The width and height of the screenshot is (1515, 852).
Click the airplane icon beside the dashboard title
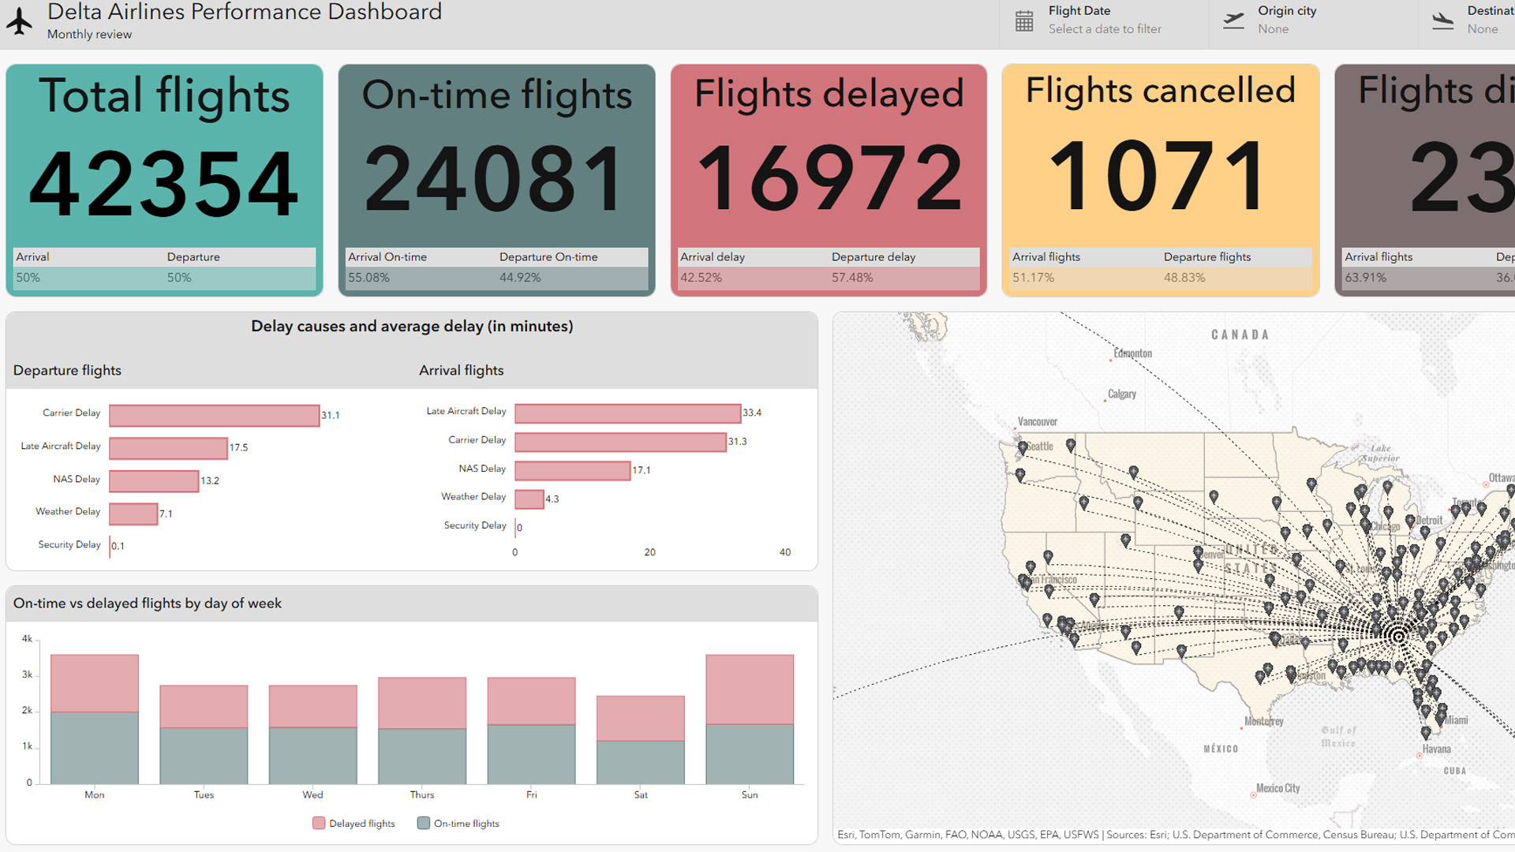20,21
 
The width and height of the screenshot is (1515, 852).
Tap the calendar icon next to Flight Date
1023,21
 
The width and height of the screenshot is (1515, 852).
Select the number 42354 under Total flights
164,184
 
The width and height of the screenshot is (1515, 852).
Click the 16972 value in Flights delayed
829,179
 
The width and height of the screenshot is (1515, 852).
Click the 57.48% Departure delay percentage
852,278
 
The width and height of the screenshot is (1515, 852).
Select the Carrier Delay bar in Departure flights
214,415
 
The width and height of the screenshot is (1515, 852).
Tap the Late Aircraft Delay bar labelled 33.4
627,413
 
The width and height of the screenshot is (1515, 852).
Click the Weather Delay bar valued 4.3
529,499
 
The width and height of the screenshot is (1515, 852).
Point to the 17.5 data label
238,447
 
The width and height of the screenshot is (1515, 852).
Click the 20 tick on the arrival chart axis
649,552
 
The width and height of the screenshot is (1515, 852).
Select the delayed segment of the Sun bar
750,689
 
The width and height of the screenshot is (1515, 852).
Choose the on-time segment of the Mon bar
95,747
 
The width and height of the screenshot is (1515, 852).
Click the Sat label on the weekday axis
641,794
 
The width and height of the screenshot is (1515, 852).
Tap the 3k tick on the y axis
27,674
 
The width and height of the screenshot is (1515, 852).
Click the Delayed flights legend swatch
319,823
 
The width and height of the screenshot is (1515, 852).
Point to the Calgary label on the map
1121,394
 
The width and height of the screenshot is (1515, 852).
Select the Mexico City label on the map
1277,788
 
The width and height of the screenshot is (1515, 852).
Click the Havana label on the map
1436,749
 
